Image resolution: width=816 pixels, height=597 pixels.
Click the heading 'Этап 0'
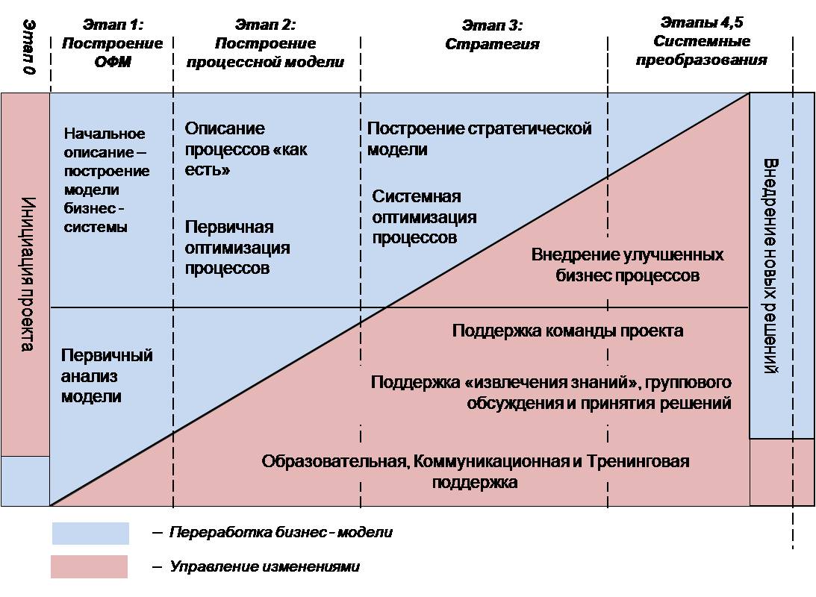pyautogui.click(x=30, y=47)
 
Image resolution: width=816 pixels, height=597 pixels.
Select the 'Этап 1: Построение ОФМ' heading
pyautogui.click(x=113, y=43)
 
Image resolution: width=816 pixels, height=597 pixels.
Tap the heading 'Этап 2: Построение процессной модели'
pyautogui.click(x=266, y=43)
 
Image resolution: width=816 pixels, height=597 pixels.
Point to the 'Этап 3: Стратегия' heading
pyautogui.click(x=492, y=34)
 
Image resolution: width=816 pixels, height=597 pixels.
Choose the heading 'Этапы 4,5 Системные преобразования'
pyautogui.click(x=702, y=41)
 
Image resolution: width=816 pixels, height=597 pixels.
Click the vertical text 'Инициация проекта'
pyautogui.click(x=28, y=274)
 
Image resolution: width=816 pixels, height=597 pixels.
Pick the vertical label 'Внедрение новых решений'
pyautogui.click(x=770, y=266)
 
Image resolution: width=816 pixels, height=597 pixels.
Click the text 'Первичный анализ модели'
pyautogui.click(x=107, y=376)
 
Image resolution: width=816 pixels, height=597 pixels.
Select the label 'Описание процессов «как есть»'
pyautogui.click(x=246, y=149)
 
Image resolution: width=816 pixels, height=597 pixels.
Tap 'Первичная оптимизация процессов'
pyautogui.click(x=237, y=248)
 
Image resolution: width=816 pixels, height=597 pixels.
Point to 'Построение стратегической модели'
pyautogui.click(x=479, y=139)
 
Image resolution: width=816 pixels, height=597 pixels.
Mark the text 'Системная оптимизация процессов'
pyautogui.click(x=424, y=217)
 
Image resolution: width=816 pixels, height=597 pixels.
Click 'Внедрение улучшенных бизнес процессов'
pyautogui.click(x=627, y=265)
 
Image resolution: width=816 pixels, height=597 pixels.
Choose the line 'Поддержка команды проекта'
pyautogui.click(x=567, y=331)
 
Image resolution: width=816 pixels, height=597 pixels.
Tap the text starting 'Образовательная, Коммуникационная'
pyautogui.click(x=475, y=471)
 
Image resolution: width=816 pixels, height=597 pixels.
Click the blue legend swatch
pyautogui.click(x=90, y=533)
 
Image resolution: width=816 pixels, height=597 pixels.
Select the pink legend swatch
pyautogui.click(x=89, y=567)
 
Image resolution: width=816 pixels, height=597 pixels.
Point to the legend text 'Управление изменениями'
pyautogui.click(x=264, y=566)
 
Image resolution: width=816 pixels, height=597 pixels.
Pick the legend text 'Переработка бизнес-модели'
pyautogui.click(x=281, y=533)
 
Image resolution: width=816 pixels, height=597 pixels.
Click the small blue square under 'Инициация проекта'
pyautogui.click(x=25, y=481)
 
